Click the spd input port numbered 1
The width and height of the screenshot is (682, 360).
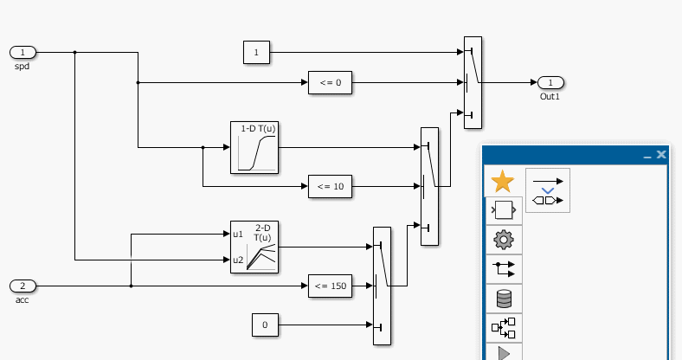(x=23, y=52)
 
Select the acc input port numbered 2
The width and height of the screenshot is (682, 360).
(x=23, y=286)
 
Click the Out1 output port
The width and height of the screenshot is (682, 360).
(x=550, y=82)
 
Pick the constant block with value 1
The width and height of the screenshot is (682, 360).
(x=256, y=52)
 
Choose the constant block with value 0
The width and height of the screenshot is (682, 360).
(x=265, y=325)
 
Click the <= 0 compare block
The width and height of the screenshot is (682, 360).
(x=330, y=83)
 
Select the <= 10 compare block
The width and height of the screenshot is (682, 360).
(x=330, y=186)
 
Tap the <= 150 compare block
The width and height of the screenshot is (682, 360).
(x=330, y=286)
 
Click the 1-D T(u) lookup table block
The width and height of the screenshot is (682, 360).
(x=254, y=147)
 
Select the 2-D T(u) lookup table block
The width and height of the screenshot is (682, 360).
(x=254, y=247)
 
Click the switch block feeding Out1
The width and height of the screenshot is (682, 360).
(x=473, y=82)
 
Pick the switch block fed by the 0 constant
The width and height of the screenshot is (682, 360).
(x=382, y=286)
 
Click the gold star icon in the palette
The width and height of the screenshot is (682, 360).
(x=502, y=182)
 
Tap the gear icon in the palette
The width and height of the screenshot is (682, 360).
(x=503, y=239)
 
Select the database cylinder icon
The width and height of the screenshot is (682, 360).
(x=503, y=299)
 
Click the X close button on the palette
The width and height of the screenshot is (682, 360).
(x=661, y=154)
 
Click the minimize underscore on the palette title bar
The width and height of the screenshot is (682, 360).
(x=647, y=156)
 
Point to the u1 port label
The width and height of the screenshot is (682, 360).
(x=238, y=234)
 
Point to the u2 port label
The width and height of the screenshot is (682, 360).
(x=238, y=260)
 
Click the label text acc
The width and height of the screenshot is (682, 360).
(x=23, y=300)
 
